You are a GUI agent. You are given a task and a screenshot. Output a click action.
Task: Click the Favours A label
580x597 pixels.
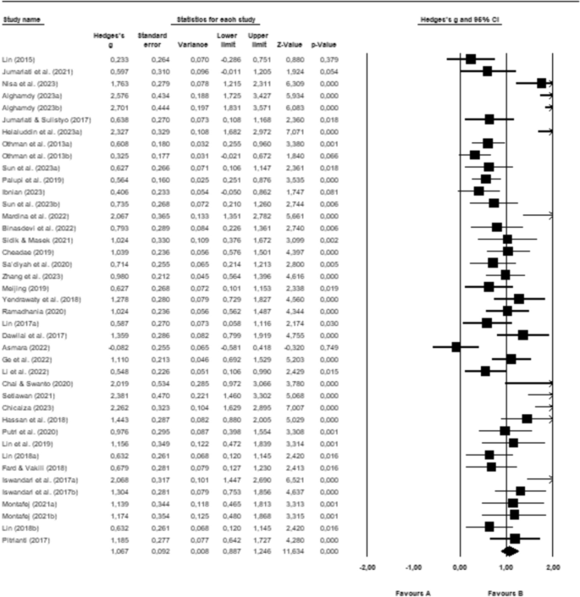coord(413,591)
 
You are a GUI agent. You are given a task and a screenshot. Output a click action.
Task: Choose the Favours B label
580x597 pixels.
coord(505,591)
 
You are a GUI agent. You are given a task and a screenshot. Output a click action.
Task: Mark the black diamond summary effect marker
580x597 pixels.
coord(509,550)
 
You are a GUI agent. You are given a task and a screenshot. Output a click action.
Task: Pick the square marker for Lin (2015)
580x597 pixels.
coord(470,59)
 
